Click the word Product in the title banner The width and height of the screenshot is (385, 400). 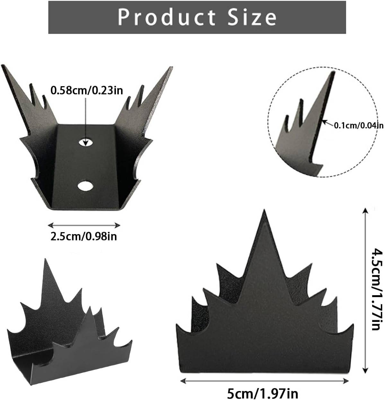[x=166, y=17]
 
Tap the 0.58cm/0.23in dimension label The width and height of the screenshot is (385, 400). [x=87, y=90]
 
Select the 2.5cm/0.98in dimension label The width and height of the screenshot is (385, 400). [x=84, y=236]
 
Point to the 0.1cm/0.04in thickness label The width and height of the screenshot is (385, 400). [x=359, y=125]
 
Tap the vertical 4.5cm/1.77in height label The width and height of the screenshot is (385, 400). [x=377, y=290]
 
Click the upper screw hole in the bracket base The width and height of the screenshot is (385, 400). [x=86, y=142]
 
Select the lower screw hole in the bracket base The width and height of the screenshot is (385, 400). [x=86, y=186]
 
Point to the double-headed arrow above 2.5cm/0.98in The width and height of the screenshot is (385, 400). [x=84, y=225]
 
